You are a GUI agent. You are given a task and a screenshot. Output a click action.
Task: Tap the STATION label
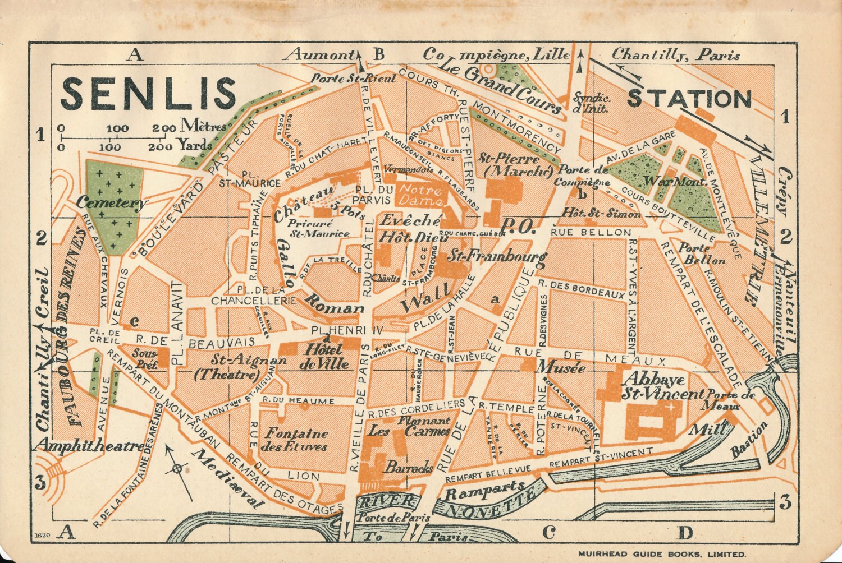pos(689,99)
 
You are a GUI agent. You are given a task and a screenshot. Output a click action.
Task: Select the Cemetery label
pos(112,203)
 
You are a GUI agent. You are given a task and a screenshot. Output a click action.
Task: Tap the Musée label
pos(562,367)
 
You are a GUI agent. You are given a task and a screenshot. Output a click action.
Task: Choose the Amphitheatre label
pos(90,446)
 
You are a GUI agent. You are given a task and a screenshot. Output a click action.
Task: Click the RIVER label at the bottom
pos(388,501)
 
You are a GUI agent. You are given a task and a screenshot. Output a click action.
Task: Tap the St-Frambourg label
pos(496,257)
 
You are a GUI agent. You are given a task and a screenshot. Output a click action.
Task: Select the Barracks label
pos(408,467)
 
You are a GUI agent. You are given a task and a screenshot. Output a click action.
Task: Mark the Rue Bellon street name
pos(591,232)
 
